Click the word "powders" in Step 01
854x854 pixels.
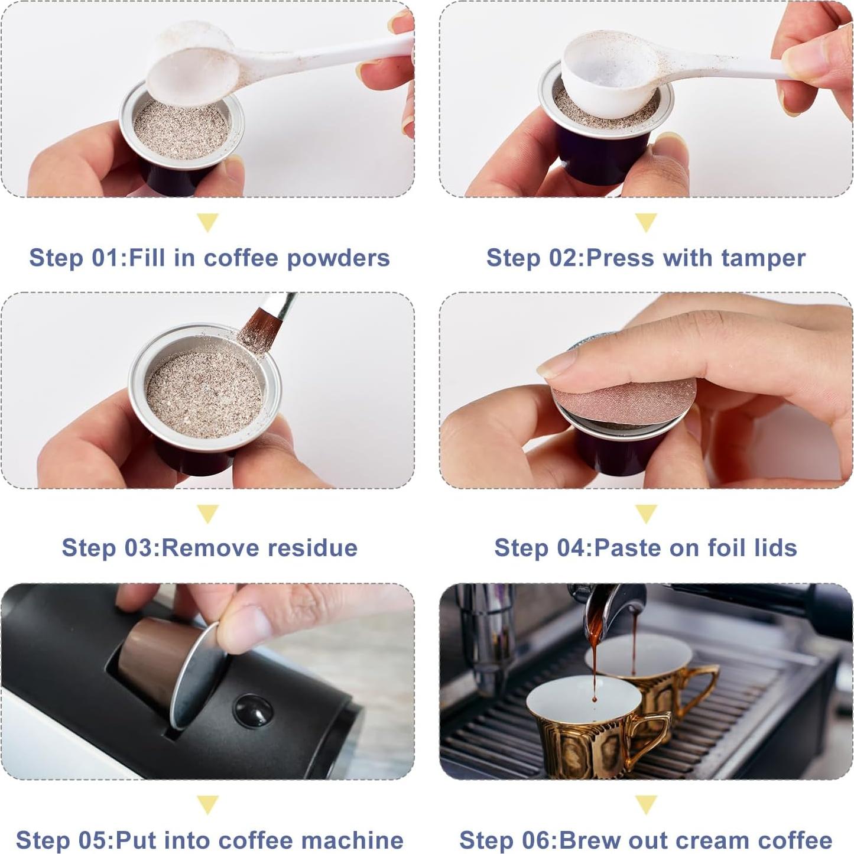[339, 258]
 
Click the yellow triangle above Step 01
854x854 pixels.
[207, 222]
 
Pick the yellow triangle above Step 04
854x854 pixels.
[646, 513]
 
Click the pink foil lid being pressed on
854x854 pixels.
[625, 402]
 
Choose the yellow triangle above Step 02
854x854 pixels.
[646, 222]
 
